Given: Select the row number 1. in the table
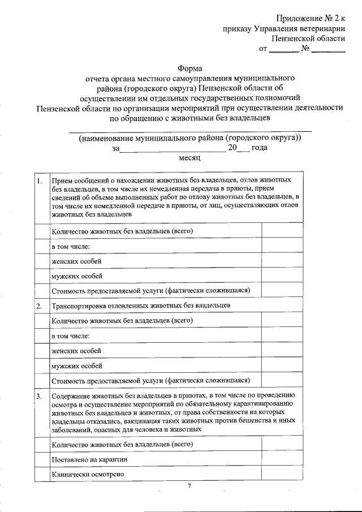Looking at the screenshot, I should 40,181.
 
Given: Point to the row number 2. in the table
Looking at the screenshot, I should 40,306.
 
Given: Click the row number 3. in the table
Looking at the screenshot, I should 40,397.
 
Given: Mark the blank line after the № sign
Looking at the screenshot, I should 328,51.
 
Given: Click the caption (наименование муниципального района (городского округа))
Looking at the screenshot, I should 189,137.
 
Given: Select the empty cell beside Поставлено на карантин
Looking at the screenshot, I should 283,459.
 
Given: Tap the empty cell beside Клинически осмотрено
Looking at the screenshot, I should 283,474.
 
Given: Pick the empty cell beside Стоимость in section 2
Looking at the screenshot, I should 283,380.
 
